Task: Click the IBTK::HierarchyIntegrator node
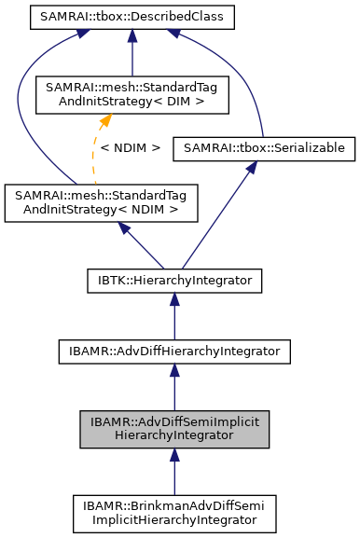coord(173,278)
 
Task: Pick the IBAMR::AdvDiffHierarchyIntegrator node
coord(173,351)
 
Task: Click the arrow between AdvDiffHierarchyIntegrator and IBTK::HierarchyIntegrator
coord(173,315)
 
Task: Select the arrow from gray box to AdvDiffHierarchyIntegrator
coord(173,388)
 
